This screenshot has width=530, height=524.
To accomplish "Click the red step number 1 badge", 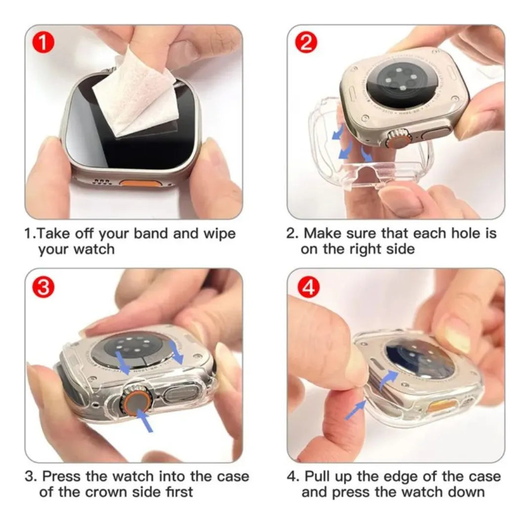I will point(43,43).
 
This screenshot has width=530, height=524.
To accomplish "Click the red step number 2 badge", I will point(306,43).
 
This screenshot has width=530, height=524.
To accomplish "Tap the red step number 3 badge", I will point(43,288).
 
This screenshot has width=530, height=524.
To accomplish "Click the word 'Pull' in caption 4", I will point(321,477).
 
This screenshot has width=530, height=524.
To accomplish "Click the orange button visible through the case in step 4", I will point(442,406).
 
